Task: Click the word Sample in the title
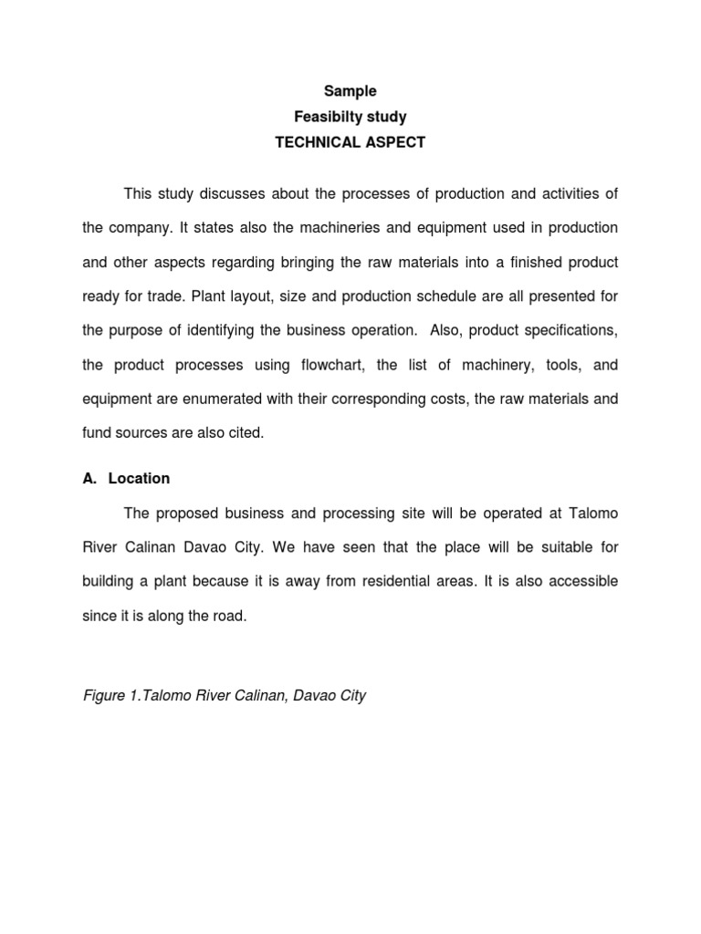tap(350, 91)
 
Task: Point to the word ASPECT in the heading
tap(393, 143)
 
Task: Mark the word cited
tap(246, 433)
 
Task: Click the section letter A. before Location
tap(89, 479)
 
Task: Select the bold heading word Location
tap(139, 479)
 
